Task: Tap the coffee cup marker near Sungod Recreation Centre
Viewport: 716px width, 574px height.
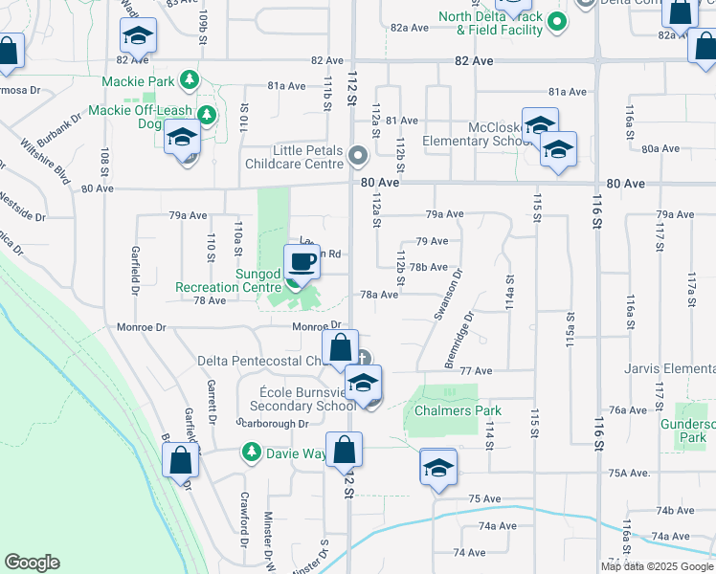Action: tap(302, 262)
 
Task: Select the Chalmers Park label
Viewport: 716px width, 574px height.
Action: tap(458, 410)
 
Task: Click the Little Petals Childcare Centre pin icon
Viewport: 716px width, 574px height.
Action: tap(359, 154)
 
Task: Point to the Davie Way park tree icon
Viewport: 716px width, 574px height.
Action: tap(251, 451)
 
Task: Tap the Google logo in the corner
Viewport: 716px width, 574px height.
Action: tap(32, 563)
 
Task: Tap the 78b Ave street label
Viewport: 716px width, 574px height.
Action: tap(429, 268)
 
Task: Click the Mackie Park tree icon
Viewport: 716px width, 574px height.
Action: tap(190, 78)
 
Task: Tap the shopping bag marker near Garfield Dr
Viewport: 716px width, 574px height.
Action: tap(181, 460)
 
